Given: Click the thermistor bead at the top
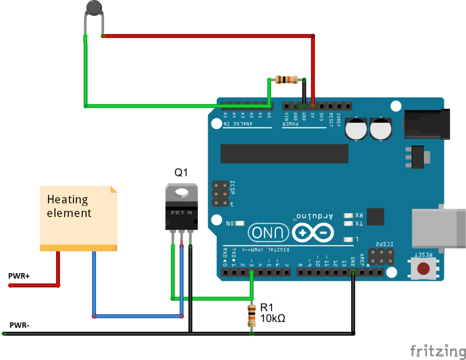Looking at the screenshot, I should click(x=94, y=7).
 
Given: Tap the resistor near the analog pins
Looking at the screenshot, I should click(x=287, y=80).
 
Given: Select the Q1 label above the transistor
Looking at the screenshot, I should click(x=181, y=172).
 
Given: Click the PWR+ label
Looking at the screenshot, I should click(x=19, y=276).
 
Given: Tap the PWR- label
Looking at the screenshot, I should click(x=19, y=325).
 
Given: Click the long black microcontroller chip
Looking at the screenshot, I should click(x=284, y=154).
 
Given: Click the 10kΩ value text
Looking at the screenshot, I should click(x=272, y=318).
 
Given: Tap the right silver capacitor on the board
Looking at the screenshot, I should click(x=381, y=129).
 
